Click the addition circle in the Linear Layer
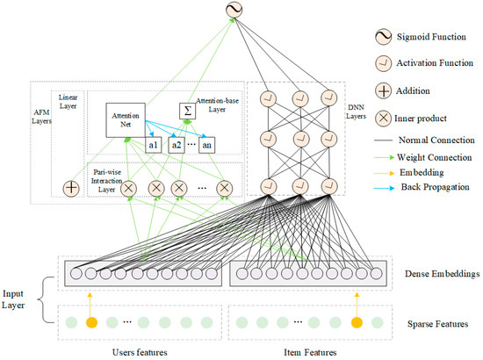pyautogui.click(x=71, y=188)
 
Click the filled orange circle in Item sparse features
pyautogui.click(x=356, y=322)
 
